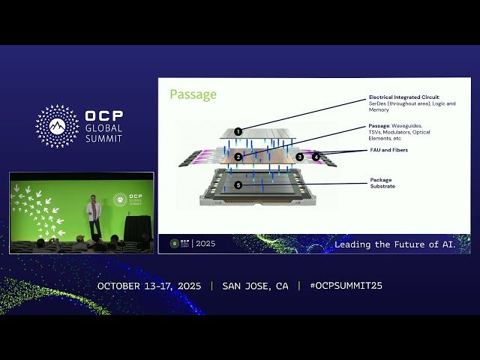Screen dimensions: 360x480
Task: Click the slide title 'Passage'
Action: tap(193, 94)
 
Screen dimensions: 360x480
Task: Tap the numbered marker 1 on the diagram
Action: tap(238, 131)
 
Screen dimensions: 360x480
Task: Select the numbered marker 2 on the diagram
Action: tap(238, 157)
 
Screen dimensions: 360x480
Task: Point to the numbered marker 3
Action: tap(299, 157)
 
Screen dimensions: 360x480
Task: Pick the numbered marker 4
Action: tap(316, 157)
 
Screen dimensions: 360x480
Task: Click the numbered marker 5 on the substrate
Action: tap(238, 184)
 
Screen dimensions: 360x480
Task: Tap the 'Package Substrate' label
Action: tap(382, 183)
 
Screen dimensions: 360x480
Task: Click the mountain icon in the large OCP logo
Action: tap(57, 126)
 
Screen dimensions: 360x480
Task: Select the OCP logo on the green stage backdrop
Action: tap(120, 199)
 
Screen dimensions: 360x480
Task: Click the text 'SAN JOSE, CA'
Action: tap(255, 286)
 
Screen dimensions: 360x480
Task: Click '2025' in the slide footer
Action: tap(204, 244)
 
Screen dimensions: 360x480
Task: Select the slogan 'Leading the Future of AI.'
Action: tap(401, 244)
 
